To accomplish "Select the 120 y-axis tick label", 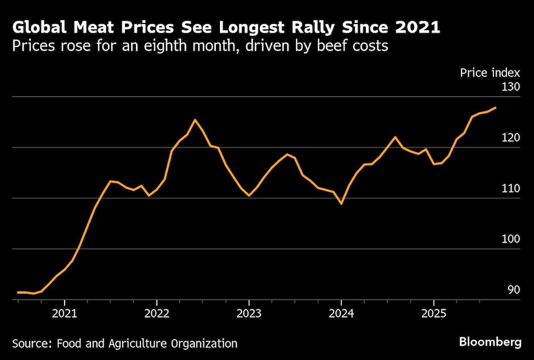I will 511,137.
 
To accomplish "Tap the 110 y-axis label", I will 511,188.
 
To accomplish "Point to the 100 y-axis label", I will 511,239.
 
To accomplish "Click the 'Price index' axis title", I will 490,73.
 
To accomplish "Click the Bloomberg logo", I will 490,342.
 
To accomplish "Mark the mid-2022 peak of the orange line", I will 195,120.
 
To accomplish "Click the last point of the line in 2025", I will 496,108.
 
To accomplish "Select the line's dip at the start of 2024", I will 341,204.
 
